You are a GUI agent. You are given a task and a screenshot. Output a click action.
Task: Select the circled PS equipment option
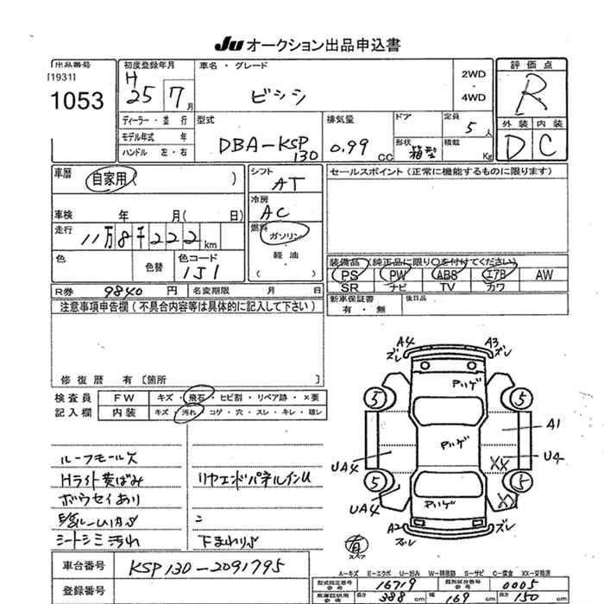pyautogui.click(x=349, y=274)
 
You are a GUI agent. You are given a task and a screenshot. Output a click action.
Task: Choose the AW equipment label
pyautogui.click(x=544, y=274)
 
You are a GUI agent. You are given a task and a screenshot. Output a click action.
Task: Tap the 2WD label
pyautogui.click(x=474, y=75)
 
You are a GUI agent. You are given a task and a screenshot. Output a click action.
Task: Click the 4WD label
pyautogui.click(x=474, y=98)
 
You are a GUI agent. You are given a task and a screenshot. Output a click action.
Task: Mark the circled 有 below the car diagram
pyautogui.click(x=354, y=543)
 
